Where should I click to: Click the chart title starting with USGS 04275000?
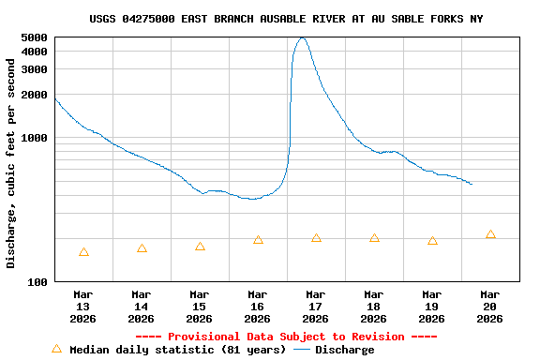pos(287,19)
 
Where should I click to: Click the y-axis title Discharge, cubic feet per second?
pos(11,163)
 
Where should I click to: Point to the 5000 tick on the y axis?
pos(34,37)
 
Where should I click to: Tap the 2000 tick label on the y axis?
pos(34,95)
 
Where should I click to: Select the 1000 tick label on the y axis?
pos(34,138)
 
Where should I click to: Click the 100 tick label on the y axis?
pos(37,282)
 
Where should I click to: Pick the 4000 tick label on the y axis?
pos(34,52)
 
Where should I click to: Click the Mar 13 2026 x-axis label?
pos(83,307)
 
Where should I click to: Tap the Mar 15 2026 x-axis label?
pos(200,307)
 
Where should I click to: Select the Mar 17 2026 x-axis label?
pos(316,307)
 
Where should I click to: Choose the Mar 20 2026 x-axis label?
pos(489,307)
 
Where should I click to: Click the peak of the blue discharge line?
pos(301,38)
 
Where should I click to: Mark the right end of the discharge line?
pos(472,185)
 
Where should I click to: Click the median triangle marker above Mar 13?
pos(83,252)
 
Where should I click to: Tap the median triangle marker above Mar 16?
pos(258,240)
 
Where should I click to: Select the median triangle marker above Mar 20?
pos(490,234)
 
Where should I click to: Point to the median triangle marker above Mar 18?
pos(374,238)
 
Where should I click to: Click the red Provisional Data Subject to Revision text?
pos(287,337)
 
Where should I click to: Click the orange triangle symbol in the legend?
pos(56,349)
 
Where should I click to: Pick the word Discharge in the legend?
pos(344,350)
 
